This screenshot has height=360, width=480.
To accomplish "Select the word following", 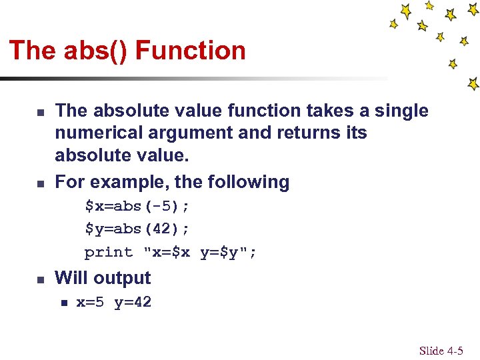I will (x=248, y=182).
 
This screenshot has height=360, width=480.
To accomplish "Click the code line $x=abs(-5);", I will (x=137, y=205).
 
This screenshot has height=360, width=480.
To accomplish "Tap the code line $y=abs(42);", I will (x=137, y=229).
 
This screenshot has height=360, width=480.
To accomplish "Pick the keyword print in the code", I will (x=109, y=252).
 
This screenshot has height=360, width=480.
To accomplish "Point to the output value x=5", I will (x=90, y=303).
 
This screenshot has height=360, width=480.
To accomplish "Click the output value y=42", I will (x=133, y=303).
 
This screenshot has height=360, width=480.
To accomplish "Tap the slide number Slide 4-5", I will (x=441, y=351).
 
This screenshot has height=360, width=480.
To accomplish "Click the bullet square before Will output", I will (x=40, y=280).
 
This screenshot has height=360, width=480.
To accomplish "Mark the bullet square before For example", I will (x=40, y=183).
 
